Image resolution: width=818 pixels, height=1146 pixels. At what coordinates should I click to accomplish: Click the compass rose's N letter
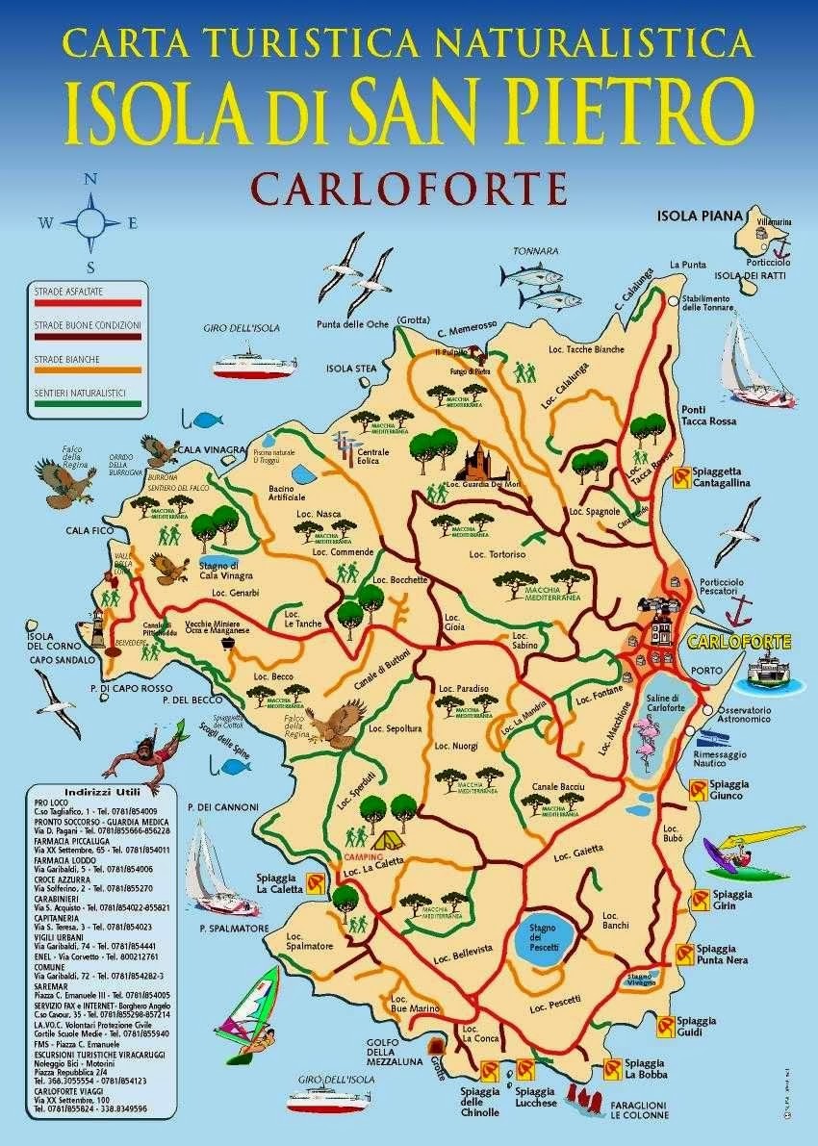(x=90, y=178)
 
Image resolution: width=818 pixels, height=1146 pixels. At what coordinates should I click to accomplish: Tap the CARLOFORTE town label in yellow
(x=740, y=642)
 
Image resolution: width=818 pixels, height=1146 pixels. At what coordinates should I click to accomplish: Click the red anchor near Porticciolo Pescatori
(x=739, y=609)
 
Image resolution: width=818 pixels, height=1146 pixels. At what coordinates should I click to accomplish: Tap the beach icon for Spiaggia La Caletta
(x=314, y=882)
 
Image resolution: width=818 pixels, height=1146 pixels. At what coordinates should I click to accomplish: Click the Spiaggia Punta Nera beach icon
(x=684, y=953)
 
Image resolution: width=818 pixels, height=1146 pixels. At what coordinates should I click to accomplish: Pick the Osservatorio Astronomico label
(x=745, y=715)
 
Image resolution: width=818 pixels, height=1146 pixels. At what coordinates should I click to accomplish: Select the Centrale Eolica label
(x=373, y=456)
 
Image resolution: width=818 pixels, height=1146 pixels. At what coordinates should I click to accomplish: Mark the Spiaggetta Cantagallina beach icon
(x=680, y=474)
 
